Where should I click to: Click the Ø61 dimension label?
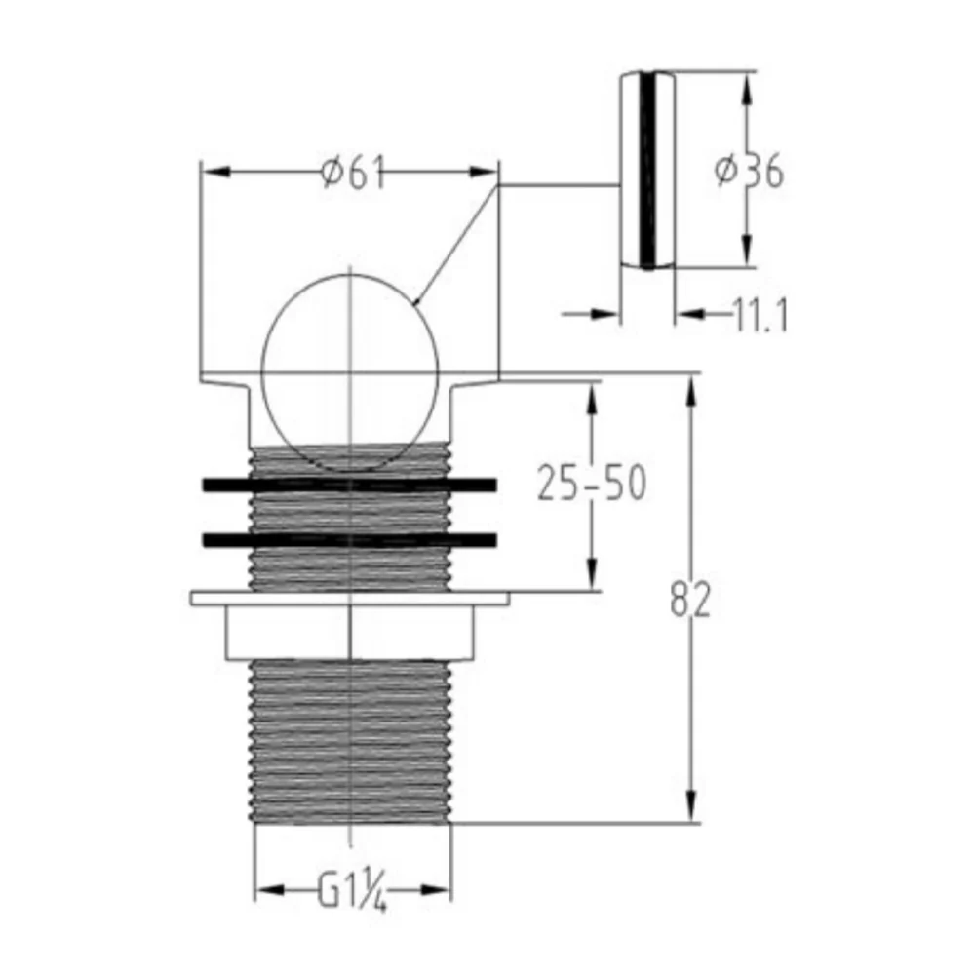(x=353, y=173)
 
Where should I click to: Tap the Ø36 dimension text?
(x=749, y=171)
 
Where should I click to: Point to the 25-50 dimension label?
(x=592, y=483)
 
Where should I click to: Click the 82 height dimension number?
(x=690, y=600)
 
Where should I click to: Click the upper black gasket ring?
(x=349, y=485)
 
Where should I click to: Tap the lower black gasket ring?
(x=349, y=540)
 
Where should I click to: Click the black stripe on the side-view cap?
(x=647, y=171)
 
